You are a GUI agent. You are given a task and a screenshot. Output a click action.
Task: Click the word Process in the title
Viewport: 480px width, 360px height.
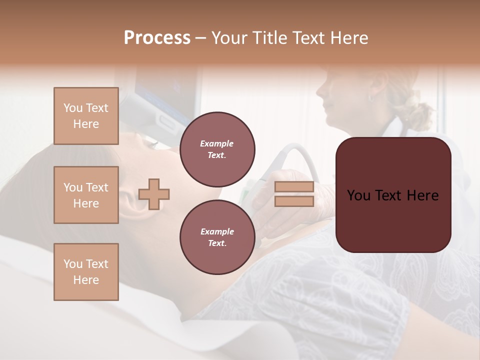157,38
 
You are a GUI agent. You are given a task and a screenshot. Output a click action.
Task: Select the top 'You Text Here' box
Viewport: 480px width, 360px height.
86,116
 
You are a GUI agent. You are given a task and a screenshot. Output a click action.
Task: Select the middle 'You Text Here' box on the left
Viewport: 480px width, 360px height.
86,195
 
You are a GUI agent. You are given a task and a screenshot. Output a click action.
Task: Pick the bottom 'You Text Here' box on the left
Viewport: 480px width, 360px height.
86,272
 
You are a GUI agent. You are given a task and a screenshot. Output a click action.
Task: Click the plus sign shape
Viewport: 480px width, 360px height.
154,194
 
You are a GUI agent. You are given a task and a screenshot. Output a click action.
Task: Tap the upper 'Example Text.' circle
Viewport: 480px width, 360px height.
217,149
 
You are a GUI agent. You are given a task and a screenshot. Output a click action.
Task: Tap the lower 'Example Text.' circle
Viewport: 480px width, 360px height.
217,237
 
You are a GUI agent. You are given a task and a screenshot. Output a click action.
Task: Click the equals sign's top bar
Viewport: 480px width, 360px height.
294,187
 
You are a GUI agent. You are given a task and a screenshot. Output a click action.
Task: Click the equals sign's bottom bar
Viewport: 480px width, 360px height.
294,201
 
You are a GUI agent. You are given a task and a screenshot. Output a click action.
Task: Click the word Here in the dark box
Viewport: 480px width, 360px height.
422,195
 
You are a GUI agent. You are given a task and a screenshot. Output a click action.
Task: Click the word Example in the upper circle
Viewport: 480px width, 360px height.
217,144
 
